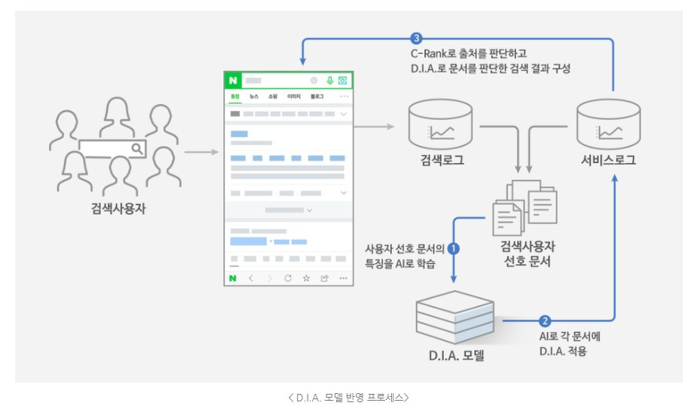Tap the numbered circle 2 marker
click(546, 320)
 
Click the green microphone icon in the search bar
click(329, 80)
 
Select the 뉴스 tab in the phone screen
click(254, 97)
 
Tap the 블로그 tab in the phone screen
click(317, 97)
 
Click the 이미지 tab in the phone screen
click(294, 97)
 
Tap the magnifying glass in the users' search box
click(136, 149)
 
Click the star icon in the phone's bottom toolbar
click(306, 278)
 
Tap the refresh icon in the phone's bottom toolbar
click(287, 278)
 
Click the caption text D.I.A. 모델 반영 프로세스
click(347, 396)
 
